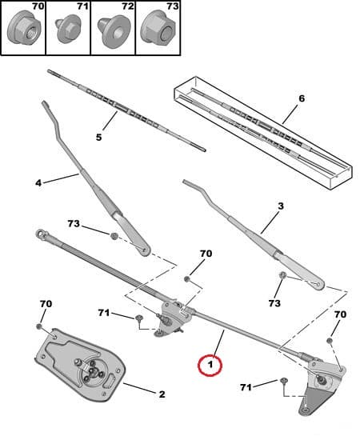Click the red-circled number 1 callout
pyautogui.click(x=210, y=366)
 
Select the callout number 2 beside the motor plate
pyautogui.click(x=161, y=394)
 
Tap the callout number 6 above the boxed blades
pyautogui.click(x=301, y=99)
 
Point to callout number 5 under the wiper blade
pyautogui.click(x=98, y=138)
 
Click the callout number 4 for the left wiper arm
pyautogui.click(x=38, y=183)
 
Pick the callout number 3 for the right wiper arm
pyautogui.click(x=280, y=206)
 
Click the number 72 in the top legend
pyautogui.click(x=126, y=7)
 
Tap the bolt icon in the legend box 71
pyautogui.click(x=66, y=33)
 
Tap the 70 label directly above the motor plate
pyautogui.click(x=46, y=304)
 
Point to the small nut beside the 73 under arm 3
pyautogui.click(x=283, y=277)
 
